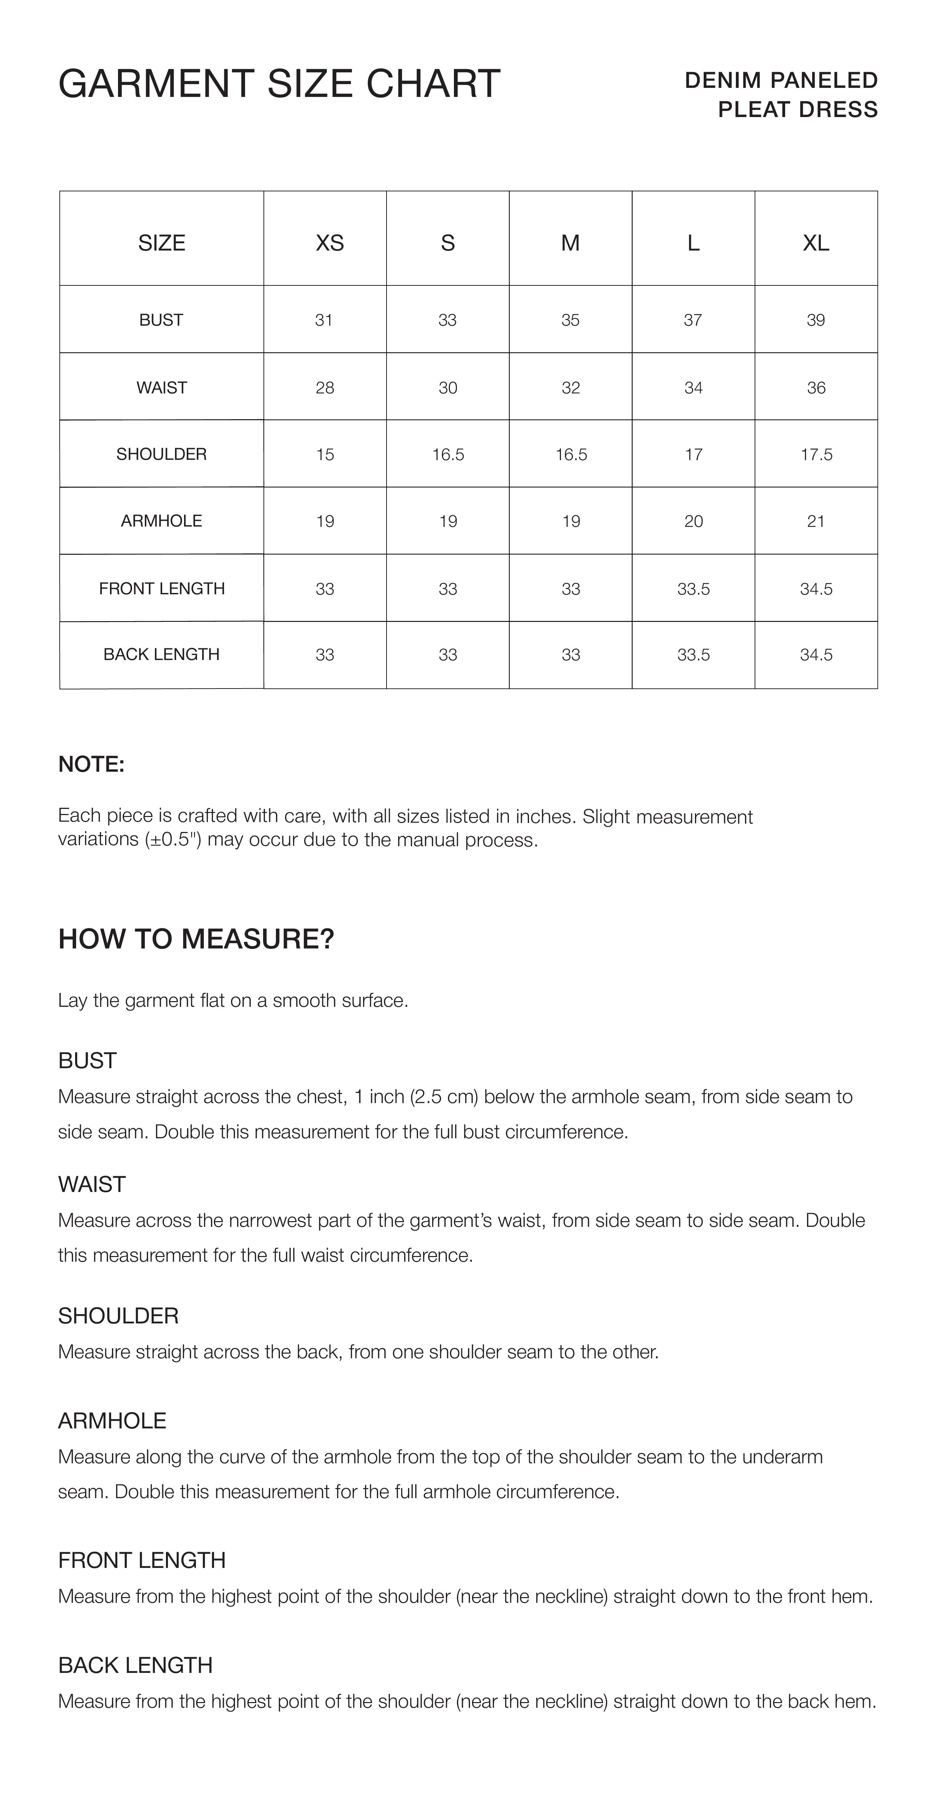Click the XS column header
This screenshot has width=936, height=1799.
pos(330,243)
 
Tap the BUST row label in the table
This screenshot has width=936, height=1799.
pos(161,320)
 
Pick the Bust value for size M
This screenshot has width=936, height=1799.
pos(570,320)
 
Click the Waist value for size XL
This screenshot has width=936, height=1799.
pos(816,388)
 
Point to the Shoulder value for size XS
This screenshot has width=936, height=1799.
pos(325,455)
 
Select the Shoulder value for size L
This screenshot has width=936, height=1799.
pos(693,455)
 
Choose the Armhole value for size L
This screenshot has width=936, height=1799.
pos(693,521)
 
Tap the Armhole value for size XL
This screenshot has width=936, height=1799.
pos(816,521)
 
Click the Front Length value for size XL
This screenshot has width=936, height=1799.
pos(816,589)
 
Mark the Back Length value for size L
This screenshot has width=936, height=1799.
pos(693,654)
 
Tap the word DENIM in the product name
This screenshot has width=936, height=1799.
pos(722,80)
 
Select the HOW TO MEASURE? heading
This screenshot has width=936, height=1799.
pos(196,939)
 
